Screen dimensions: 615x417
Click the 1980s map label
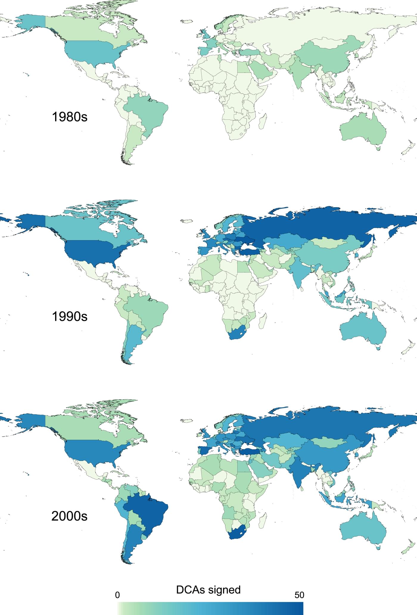click(x=70, y=117)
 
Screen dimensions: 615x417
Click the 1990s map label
click(x=70, y=316)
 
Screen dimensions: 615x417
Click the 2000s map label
click(x=69, y=516)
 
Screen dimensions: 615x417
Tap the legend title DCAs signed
click(x=208, y=590)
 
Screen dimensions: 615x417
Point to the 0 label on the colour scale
click(x=117, y=595)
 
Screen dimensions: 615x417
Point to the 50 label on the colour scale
click(x=299, y=595)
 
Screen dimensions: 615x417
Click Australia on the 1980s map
click(x=362, y=129)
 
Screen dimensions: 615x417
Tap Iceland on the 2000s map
click(x=186, y=421)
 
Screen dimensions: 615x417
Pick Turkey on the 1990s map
click(x=250, y=252)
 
